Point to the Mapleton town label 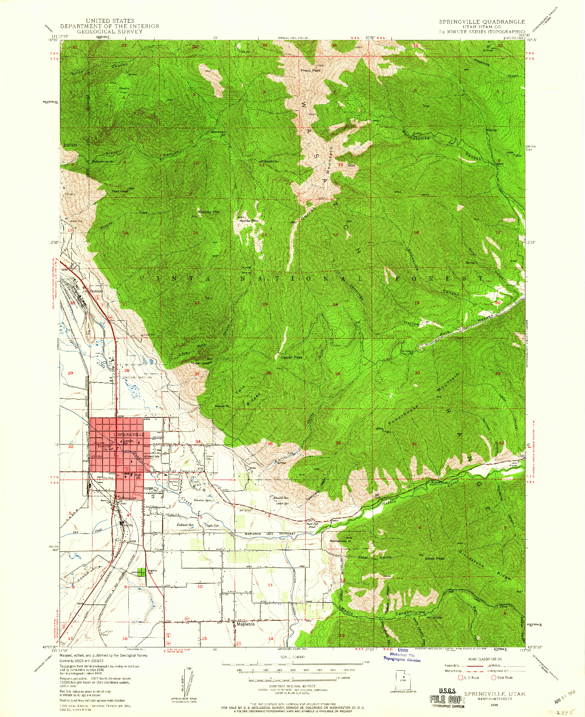click(246, 624)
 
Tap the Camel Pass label click(291, 357)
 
